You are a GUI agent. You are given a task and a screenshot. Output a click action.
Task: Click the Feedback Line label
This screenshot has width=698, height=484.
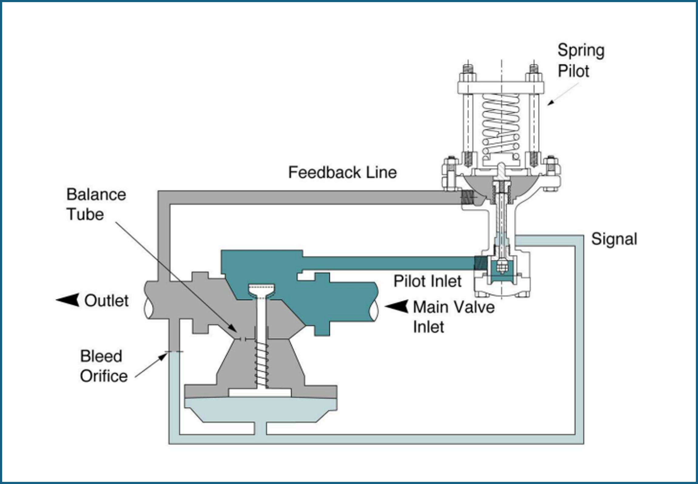click(342, 173)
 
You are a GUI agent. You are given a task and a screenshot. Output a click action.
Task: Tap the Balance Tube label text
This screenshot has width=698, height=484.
click(96, 204)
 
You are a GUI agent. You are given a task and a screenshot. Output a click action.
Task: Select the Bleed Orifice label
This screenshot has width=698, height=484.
click(103, 366)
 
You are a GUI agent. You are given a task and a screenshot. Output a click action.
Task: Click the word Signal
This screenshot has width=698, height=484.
click(614, 239)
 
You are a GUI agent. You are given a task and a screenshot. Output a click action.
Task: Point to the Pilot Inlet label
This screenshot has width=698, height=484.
click(427, 281)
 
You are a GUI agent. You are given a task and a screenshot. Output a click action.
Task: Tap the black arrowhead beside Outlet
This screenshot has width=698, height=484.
click(69, 300)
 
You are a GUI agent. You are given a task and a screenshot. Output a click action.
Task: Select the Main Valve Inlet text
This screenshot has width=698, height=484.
click(453, 317)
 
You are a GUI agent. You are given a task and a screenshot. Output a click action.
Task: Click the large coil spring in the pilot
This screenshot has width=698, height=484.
click(501, 124)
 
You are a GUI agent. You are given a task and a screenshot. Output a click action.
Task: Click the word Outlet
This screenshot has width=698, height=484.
click(106, 301)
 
